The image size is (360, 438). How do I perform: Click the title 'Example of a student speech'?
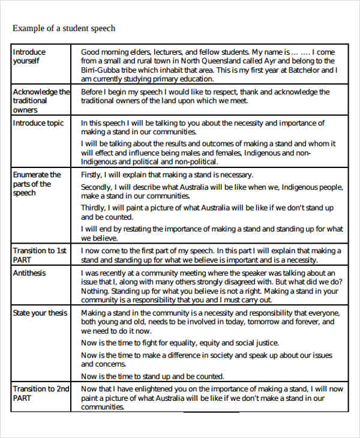tap(64, 28)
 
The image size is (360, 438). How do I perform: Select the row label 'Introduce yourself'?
tap(29, 56)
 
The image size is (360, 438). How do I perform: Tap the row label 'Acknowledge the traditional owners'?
tap(41, 101)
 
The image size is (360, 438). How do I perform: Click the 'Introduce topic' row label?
tap(38, 123)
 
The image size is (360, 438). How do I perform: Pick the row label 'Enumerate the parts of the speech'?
tap(37, 184)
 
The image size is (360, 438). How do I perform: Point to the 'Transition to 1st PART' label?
tap(40, 255)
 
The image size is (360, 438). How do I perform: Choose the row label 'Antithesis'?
tap(29, 273)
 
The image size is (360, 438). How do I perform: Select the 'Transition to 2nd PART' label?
tap(41, 393)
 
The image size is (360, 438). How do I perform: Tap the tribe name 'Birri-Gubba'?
tap(100, 70)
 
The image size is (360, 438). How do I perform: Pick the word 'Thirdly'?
tap(94, 208)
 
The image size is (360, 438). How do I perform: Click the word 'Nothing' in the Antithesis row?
tap(95, 291)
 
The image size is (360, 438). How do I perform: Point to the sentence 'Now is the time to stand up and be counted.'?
tap(152, 376)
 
